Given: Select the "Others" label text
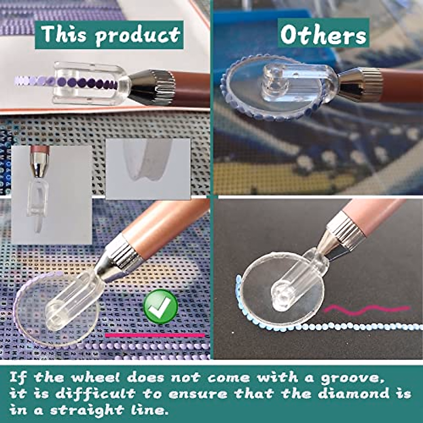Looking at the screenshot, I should [x=323, y=35].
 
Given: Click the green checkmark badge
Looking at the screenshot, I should [x=161, y=306].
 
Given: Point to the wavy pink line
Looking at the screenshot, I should [x=367, y=309].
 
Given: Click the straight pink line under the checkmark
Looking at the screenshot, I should [x=155, y=335].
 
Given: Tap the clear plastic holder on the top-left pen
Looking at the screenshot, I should [x=88, y=84].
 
